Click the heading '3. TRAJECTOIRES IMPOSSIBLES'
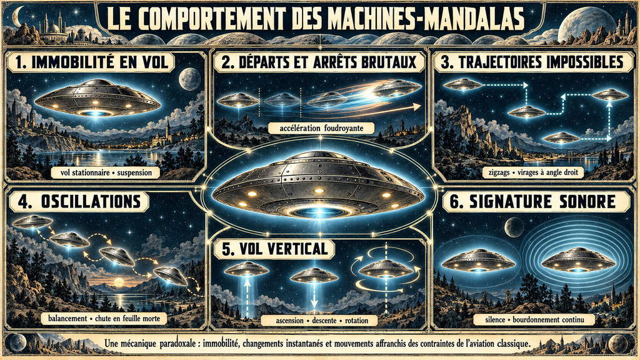click(532, 62)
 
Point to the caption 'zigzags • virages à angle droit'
click(533, 172)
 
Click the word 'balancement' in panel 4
click(67, 318)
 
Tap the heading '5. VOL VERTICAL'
click(275, 249)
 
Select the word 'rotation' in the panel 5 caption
click(356, 321)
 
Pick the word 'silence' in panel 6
click(495, 319)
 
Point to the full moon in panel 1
click(189, 79)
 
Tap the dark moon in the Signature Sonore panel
click(514, 227)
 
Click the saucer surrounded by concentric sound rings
click(578, 259)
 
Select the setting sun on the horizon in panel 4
click(119, 282)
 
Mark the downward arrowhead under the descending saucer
click(314, 304)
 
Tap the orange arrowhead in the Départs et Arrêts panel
click(416, 107)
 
